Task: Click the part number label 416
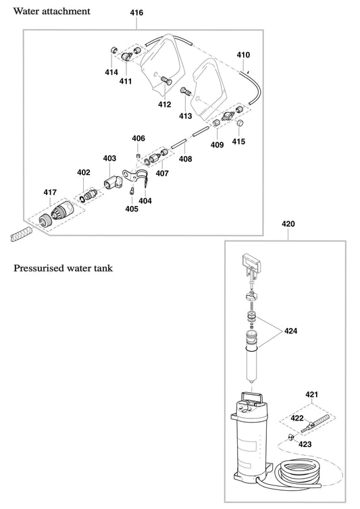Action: [x=136, y=14]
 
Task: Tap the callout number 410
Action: [x=243, y=55]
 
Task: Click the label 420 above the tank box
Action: [x=288, y=223]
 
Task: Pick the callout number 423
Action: [x=306, y=444]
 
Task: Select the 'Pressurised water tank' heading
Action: [x=63, y=268]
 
